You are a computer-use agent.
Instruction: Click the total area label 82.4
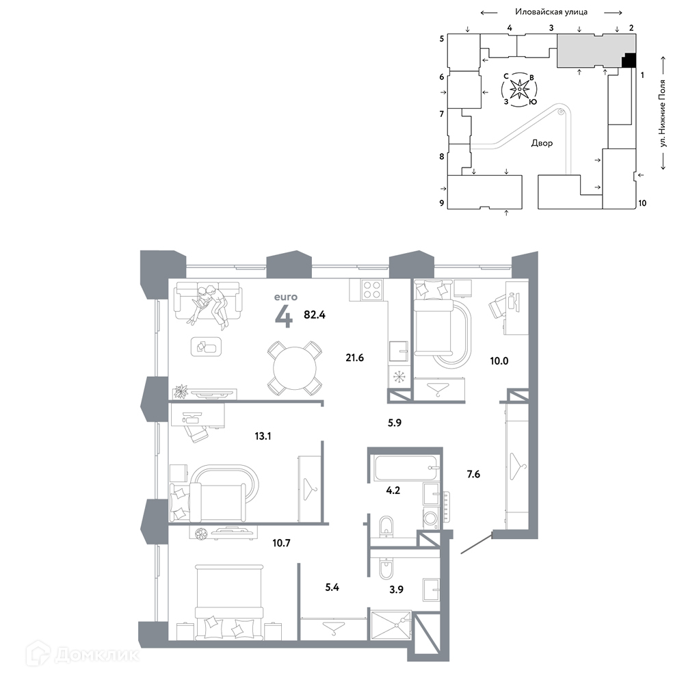tap(315, 315)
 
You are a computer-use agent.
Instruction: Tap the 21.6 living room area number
tap(354, 358)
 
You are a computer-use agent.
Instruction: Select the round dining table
tap(295, 368)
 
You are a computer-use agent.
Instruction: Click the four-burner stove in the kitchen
tap(372, 289)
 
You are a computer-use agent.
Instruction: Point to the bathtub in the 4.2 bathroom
tap(405, 468)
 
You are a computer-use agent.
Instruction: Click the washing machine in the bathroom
tap(431, 518)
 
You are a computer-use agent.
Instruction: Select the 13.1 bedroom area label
tap(263, 436)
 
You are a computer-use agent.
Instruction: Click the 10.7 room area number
tap(281, 543)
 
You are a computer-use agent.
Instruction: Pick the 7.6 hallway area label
tap(473, 474)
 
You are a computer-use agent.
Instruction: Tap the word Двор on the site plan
tap(542, 143)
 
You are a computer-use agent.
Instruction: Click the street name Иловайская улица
tap(551, 12)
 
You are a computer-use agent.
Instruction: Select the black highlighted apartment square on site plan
tap(629, 60)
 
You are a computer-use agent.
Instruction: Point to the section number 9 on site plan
tap(442, 203)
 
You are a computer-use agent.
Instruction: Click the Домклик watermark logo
tap(82, 654)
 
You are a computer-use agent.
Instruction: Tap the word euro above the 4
tap(286, 297)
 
